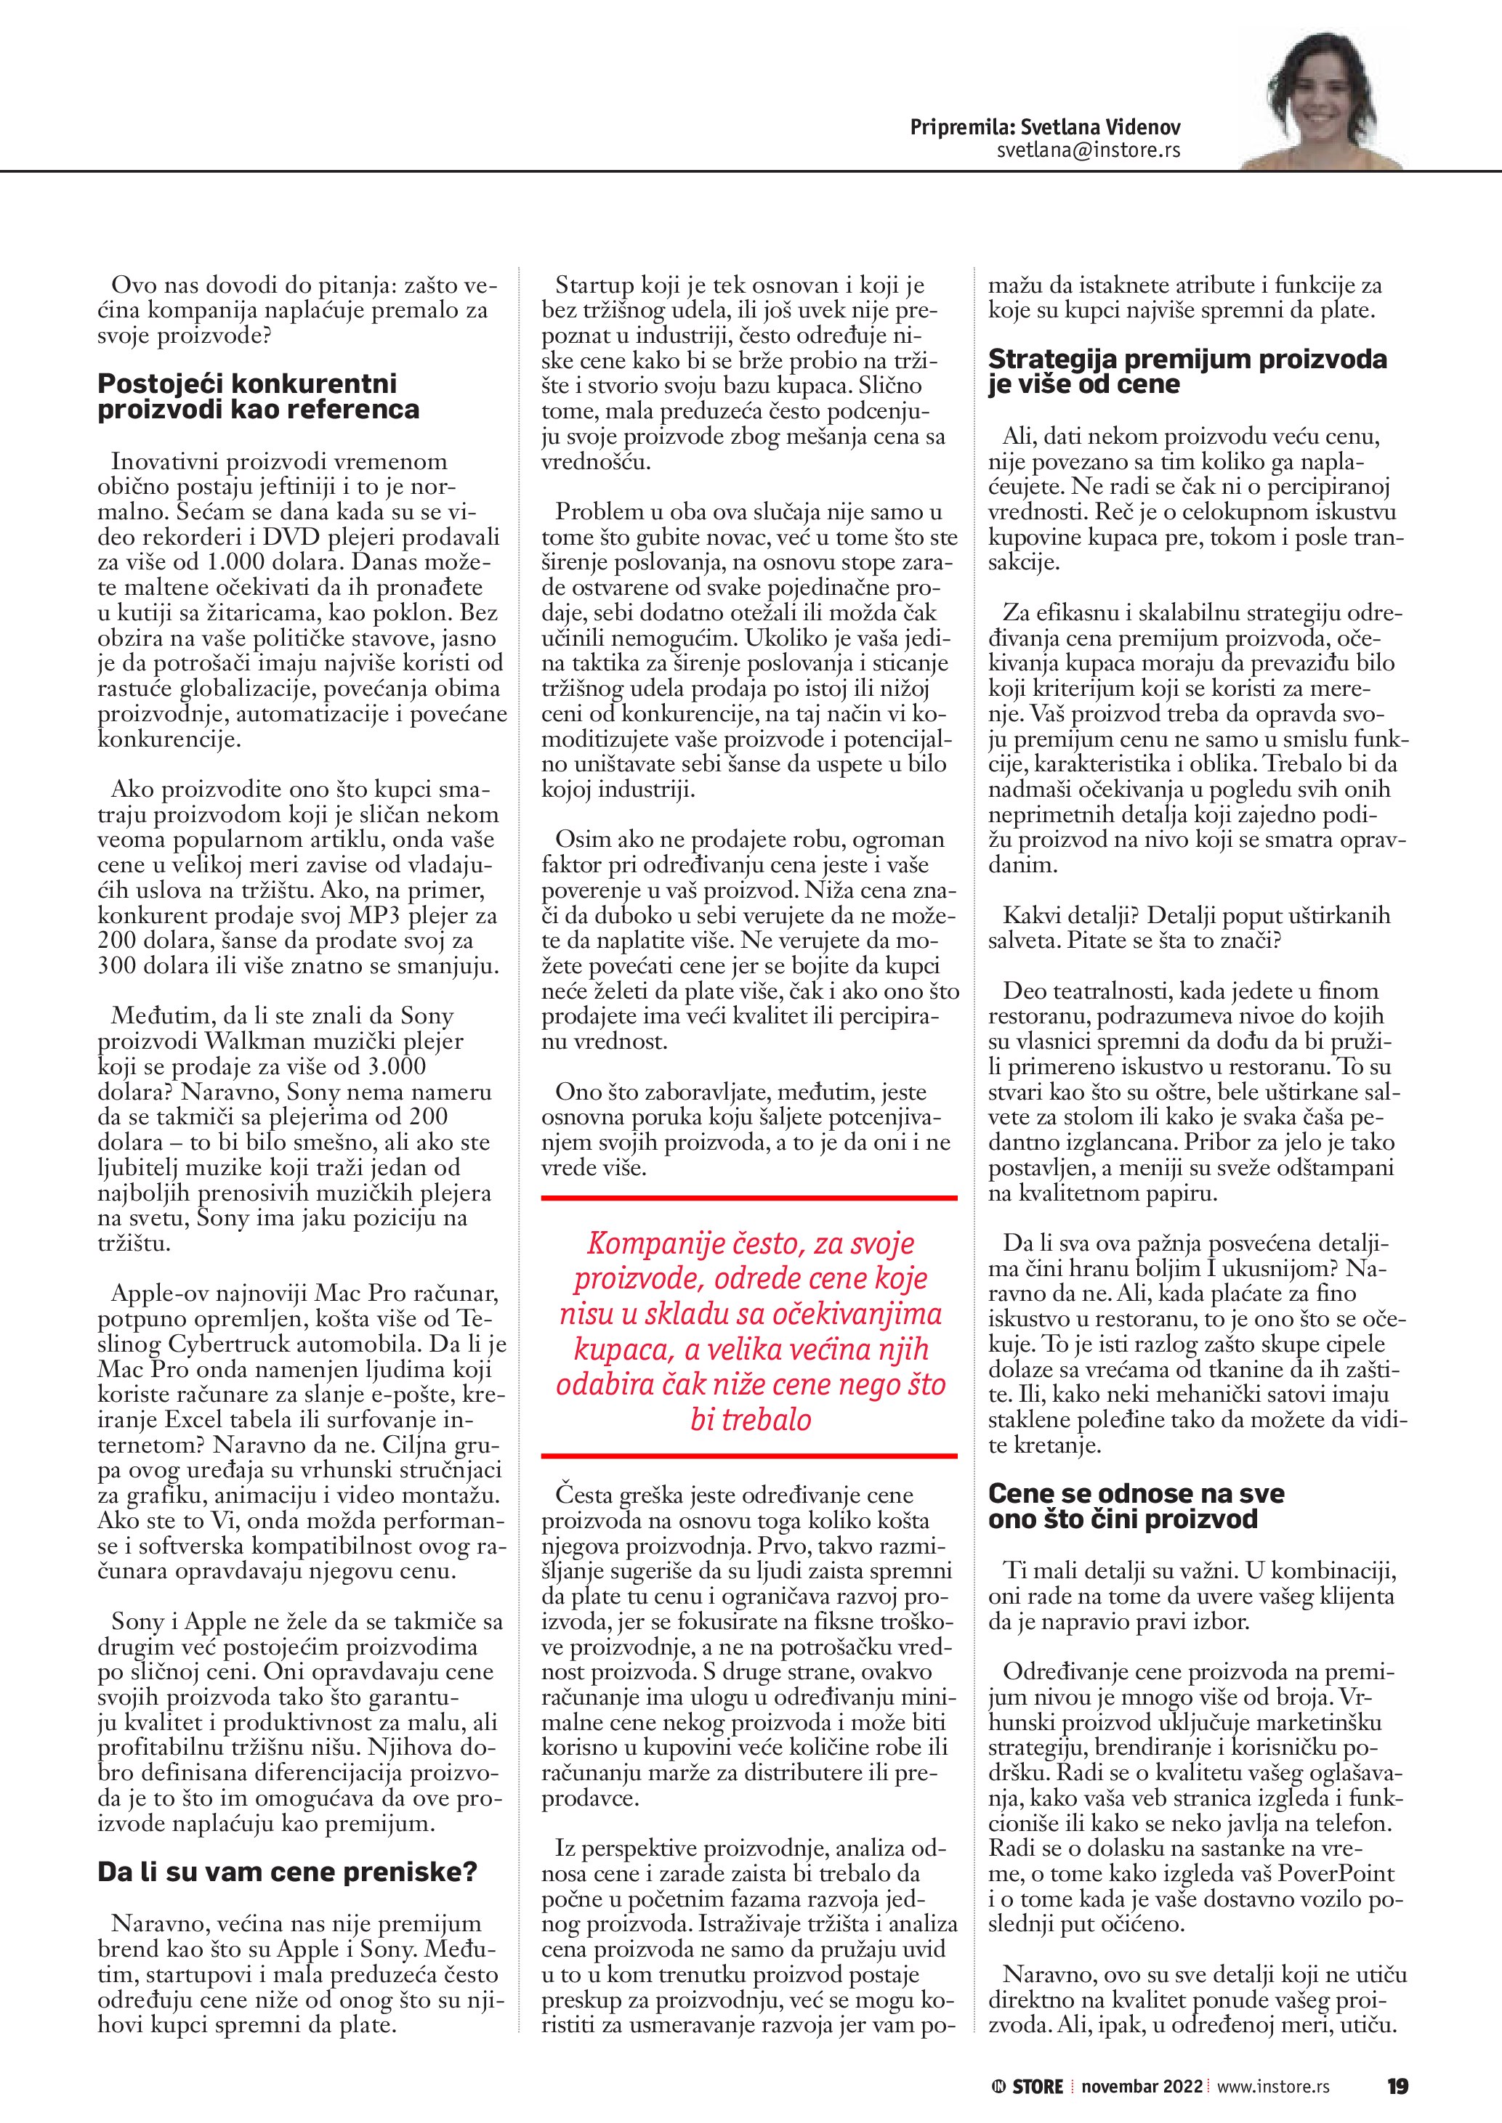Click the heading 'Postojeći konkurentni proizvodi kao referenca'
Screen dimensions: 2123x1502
(x=259, y=397)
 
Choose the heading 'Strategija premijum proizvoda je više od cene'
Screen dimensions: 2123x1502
(x=1187, y=372)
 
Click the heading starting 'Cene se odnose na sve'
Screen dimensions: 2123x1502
(x=1136, y=1506)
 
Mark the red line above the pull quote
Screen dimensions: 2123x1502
(x=749, y=1199)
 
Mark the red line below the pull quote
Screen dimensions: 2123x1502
(x=749, y=1456)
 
